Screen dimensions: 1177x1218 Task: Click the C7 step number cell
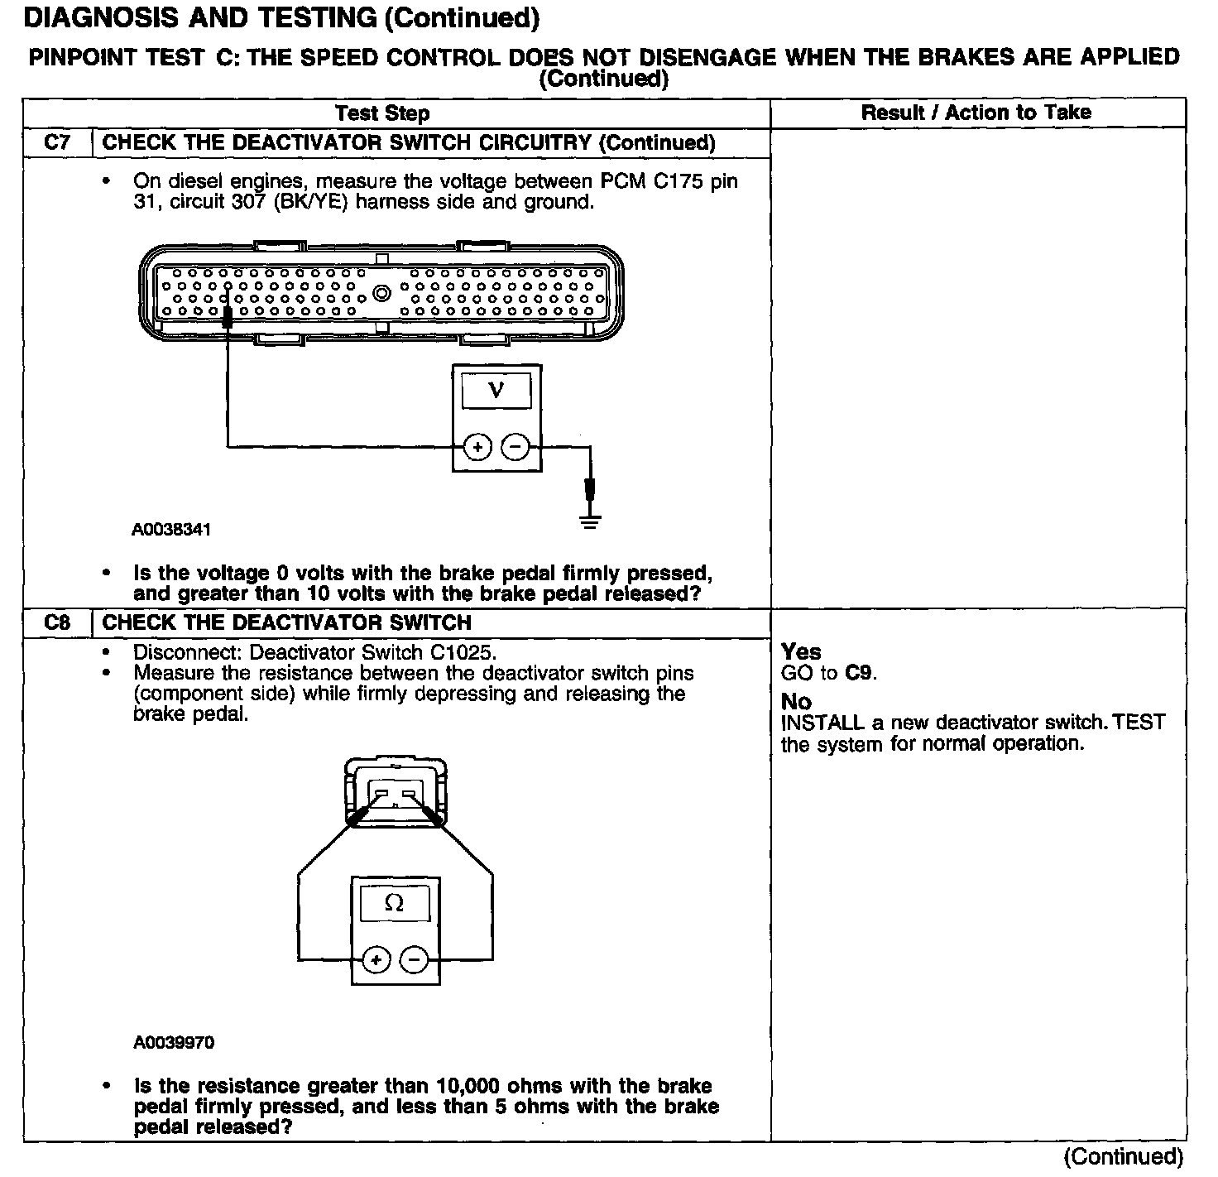coord(57,142)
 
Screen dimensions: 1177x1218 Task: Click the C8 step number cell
coord(57,622)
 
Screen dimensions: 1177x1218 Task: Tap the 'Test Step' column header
coord(382,113)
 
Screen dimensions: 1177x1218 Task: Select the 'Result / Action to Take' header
coord(976,113)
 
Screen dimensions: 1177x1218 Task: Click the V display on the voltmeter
coord(496,390)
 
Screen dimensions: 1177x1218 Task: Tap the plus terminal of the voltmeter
coord(477,448)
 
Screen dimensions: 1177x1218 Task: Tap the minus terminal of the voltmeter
coord(515,448)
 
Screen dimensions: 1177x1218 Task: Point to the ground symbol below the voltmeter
coord(590,521)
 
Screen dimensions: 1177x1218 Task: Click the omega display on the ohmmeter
coord(395,904)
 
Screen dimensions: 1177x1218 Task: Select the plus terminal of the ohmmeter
coord(376,960)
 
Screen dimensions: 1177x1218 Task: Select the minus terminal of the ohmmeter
coord(415,960)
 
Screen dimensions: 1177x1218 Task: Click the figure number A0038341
coord(171,530)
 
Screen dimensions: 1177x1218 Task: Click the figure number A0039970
coord(174,1043)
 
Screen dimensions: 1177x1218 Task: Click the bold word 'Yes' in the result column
coord(801,651)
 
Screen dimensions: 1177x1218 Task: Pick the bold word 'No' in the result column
coord(796,702)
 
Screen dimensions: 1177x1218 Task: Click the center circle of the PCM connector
coord(381,293)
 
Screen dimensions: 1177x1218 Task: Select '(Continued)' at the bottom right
coord(1123,1156)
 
